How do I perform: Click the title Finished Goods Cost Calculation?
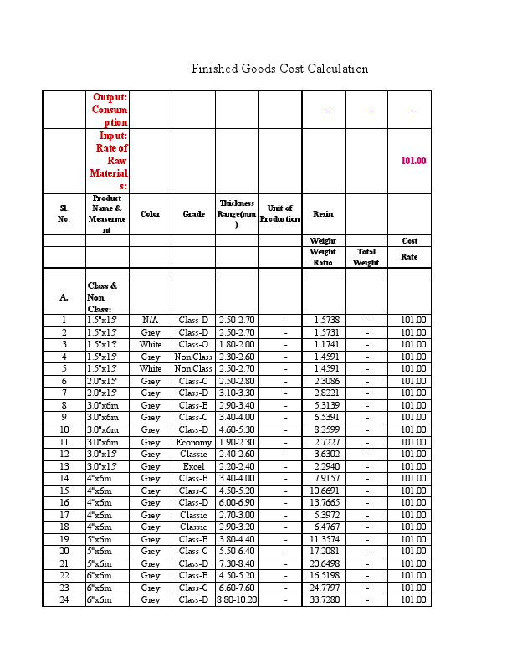[279, 69]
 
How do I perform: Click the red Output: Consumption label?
[110, 110]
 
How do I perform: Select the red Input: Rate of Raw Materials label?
[110, 161]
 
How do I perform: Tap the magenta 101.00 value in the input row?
[413, 161]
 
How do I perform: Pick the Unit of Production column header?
[279, 213]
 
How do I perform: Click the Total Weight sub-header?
[366, 257]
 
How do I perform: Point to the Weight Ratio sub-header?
[323, 257]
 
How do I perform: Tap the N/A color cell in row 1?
[151, 320]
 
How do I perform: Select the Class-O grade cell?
[193, 344]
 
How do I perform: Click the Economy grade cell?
[193, 442]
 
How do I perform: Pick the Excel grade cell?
[193, 466]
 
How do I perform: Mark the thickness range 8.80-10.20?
[237, 600]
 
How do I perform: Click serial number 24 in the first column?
[64, 600]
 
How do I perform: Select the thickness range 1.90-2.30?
[237, 442]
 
